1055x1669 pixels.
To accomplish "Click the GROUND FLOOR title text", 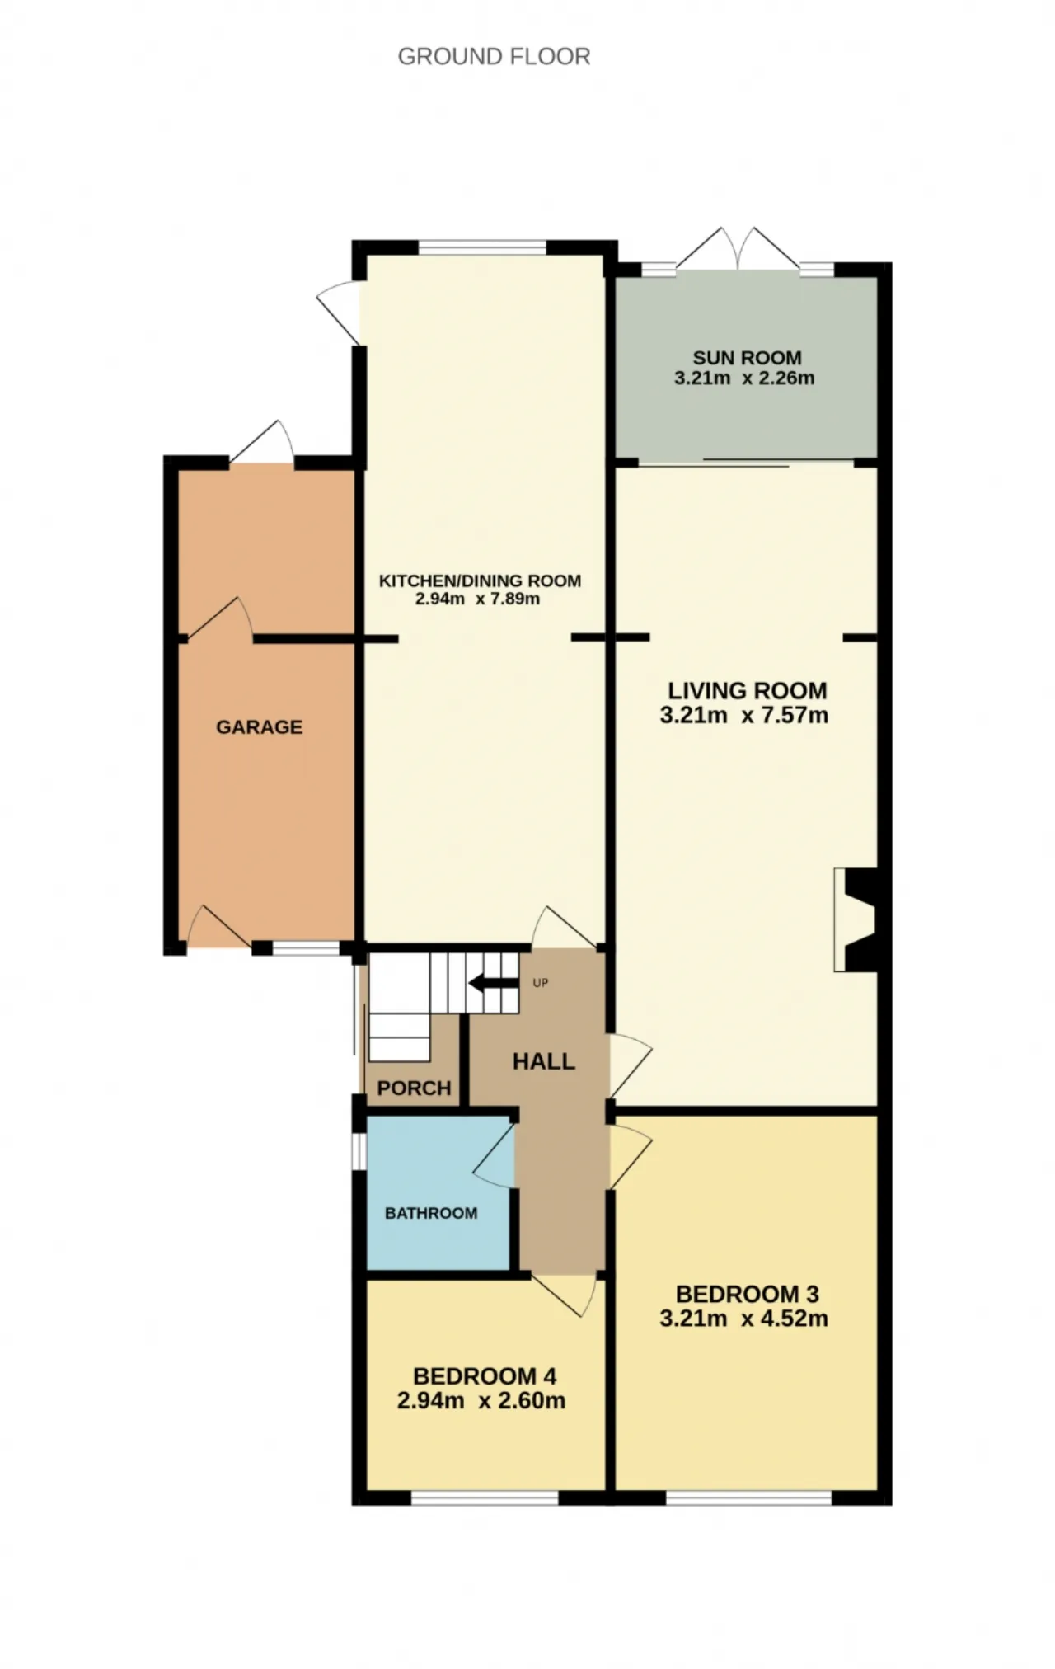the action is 494,56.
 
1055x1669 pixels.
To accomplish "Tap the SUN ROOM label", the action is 747,358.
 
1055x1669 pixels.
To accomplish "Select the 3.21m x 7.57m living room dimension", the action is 743,715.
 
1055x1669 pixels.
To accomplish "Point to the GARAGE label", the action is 259,726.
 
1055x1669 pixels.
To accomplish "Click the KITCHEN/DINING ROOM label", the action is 480,581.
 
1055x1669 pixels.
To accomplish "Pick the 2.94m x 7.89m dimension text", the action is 477,599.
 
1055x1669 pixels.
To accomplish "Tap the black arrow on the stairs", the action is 489,983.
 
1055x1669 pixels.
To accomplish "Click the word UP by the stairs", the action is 541,983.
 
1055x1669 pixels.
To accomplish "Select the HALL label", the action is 544,1061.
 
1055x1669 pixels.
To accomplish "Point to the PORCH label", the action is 414,1088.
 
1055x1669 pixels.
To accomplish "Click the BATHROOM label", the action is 431,1213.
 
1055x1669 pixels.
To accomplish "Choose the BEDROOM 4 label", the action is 485,1375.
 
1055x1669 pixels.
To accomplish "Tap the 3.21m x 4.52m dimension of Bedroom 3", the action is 743,1319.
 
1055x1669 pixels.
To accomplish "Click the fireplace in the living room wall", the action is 857,919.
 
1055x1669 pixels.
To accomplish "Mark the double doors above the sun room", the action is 738,249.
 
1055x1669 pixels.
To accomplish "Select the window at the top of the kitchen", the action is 482,247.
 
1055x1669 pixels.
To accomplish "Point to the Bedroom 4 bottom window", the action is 485,1498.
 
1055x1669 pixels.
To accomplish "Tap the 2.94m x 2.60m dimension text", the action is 481,1400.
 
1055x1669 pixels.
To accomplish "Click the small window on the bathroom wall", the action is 359,1152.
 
